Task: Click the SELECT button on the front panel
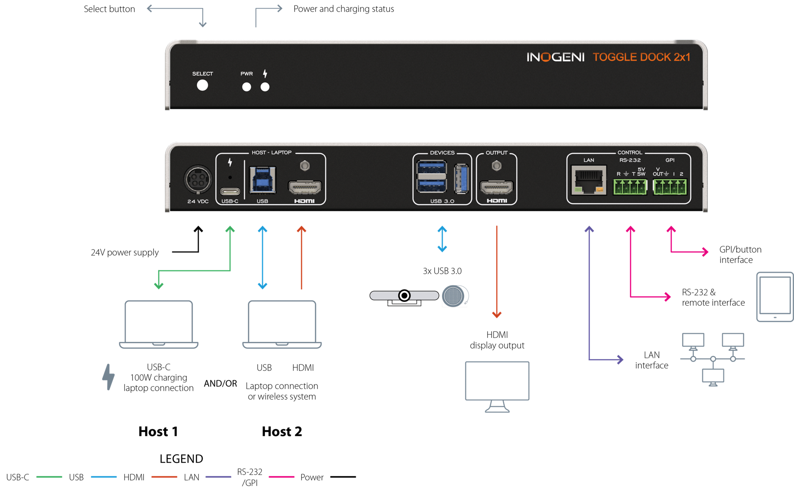click(202, 85)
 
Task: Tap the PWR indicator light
click(247, 87)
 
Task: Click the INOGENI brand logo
click(555, 57)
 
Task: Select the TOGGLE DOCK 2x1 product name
click(641, 57)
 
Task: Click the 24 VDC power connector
click(198, 179)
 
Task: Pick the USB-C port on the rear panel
click(230, 191)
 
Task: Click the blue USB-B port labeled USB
click(262, 180)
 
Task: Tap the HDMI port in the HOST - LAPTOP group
click(305, 188)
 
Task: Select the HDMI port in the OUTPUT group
click(497, 188)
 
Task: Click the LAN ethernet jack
click(589, 181)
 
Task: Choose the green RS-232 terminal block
click(630, 187)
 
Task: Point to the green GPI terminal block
click(670, 187)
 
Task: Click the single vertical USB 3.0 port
click(461, 179)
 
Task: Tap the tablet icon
click(775, 297)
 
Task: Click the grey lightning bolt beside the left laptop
click(109, 377)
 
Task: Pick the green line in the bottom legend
click(49, 477)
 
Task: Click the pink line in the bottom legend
click(281, 477)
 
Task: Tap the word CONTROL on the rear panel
click(630, 153)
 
